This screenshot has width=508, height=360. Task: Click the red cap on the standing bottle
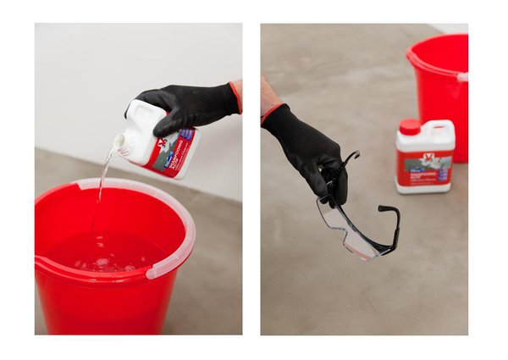409,128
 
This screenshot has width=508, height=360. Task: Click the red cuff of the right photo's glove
271,112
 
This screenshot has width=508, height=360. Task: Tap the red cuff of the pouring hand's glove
235,97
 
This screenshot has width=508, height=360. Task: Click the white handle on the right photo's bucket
462,76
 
